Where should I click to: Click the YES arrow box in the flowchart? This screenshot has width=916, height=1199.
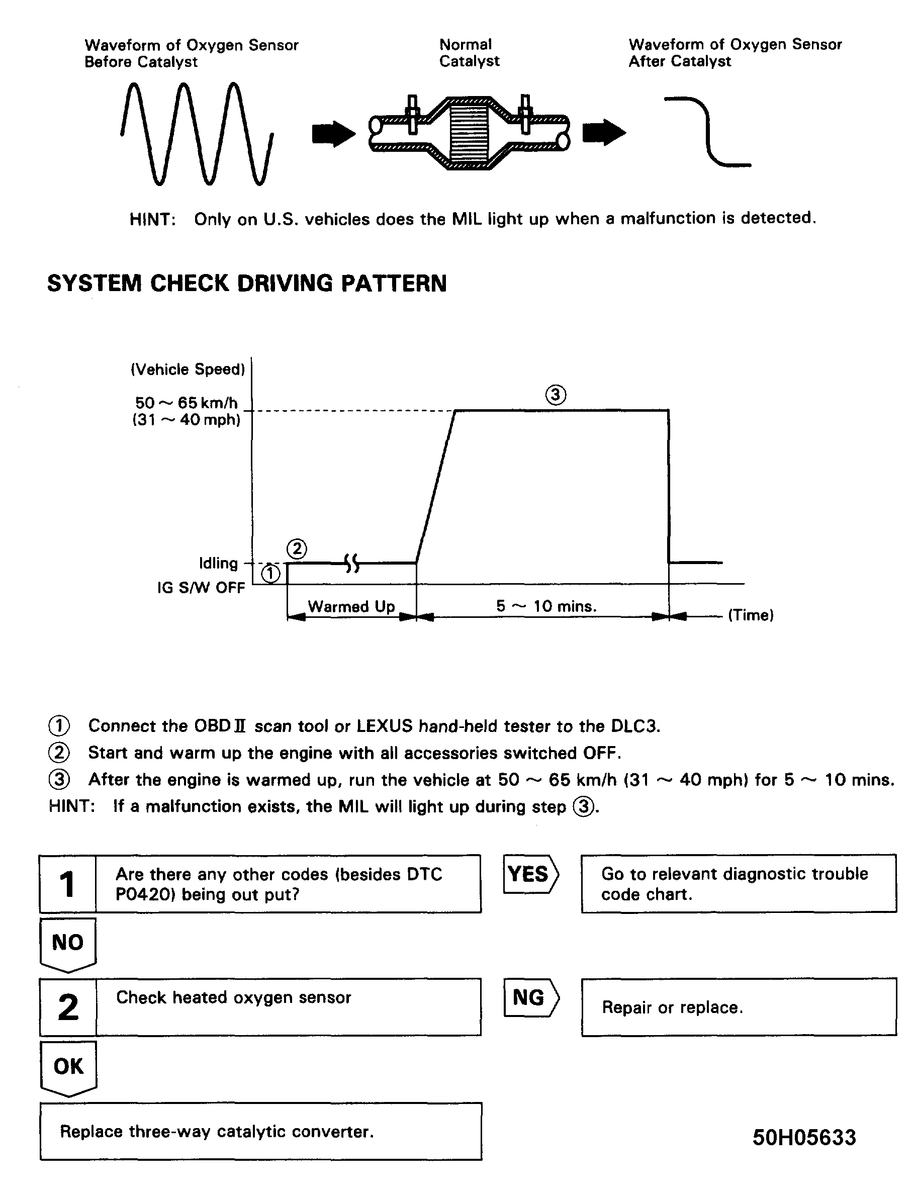point(529,875)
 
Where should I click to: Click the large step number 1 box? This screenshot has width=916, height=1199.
point(67,884)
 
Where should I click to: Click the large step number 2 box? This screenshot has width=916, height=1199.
point(68,1007)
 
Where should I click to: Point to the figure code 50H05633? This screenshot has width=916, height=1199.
point(804,1137)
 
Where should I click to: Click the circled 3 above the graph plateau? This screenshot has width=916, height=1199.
point(556,394)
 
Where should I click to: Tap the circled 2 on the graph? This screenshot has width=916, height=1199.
point(297,548)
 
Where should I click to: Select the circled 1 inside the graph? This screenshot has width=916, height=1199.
point(271,574)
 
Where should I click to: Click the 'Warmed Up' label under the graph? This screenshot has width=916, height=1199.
point(351,606)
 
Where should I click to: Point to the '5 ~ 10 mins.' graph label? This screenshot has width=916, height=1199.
point(546,606)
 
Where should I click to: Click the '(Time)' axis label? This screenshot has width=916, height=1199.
point(751,615)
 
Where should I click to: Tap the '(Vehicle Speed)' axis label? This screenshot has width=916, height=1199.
point(188,370)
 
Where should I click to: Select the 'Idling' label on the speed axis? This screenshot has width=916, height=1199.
point(218,563)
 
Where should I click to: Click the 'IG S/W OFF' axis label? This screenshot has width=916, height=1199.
point(201,588)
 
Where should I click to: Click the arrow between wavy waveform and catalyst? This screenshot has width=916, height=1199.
point(333,133)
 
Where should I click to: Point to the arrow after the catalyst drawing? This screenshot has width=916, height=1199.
point(604,133)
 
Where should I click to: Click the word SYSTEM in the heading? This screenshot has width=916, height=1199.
point(94,284)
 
